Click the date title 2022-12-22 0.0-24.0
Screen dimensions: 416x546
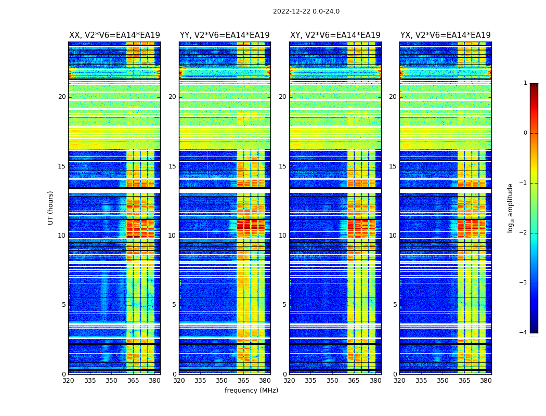[x=306, y=11]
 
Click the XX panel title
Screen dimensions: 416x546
[x=114, y=35]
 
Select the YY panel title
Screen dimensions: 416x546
[x=225, y=35]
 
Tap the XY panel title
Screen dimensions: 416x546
[x=335, y=35]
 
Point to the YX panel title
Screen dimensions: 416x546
[x=445, y=35]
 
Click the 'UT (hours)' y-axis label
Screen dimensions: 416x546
[x=51, y=207]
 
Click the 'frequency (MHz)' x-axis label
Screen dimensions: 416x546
[x=251, y=391]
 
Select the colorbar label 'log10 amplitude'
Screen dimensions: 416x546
[x=511, y=207]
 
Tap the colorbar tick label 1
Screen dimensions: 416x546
[x=525, y=83]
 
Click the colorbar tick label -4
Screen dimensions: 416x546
[x=523, y=333]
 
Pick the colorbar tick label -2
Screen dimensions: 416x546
[x=523, y=233]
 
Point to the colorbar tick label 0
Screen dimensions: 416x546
[x=525, y=133]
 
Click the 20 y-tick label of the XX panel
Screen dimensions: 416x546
[x=62, y=97]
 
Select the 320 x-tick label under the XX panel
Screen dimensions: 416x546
[x=68, y=381]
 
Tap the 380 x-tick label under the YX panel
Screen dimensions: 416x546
[x=486, y=381]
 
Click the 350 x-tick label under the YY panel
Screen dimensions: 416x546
[x=222, y=381]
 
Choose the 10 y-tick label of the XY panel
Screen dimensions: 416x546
[x=282, y=236]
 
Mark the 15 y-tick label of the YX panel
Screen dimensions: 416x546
[x=393, y=166]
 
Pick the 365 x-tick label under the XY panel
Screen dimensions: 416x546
[x=354, y=381]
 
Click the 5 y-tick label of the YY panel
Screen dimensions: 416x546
[x=174, y=305]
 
